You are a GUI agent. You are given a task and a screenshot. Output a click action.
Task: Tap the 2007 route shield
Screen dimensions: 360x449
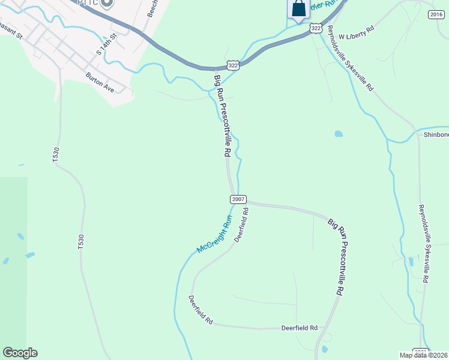coord(238,199)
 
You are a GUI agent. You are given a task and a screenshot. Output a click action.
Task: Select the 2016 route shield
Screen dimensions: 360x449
coord(436,14)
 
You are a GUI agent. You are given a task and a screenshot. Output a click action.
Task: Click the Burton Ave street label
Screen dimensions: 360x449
coord(100,83)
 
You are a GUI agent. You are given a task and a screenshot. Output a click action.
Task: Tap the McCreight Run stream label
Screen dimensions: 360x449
coord(214,235)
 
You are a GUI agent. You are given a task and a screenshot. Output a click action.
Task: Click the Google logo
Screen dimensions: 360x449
coord(20,353)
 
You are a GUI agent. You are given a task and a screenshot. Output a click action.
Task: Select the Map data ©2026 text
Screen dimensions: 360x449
coord(424,355)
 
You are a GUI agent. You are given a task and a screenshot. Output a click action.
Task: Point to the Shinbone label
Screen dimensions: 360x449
coord(436,134)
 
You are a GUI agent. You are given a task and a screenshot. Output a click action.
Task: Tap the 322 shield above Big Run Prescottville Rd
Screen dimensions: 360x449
coord(234,64)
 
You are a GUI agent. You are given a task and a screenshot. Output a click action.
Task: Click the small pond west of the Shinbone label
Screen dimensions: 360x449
coord(339,134)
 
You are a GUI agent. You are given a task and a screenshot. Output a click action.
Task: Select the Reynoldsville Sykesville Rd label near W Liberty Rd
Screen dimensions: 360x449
coord(350,60)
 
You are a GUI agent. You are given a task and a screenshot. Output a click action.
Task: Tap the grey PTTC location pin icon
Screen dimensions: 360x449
coord(107,3)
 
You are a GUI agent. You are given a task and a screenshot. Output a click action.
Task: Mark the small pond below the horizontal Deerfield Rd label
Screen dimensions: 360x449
coord(324,349)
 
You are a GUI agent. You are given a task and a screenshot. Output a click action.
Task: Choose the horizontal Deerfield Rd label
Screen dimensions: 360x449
coord(300,328)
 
